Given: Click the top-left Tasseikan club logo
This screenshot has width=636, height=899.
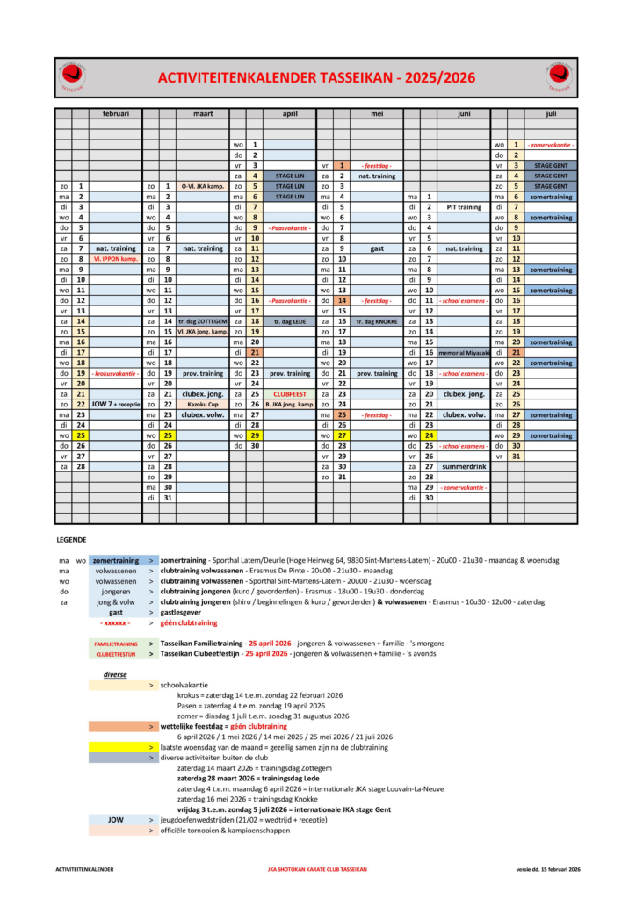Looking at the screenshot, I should point(72,77).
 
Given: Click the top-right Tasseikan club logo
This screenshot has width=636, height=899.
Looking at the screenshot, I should point(559,77).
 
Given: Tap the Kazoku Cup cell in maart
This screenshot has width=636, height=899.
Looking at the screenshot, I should point(202,403).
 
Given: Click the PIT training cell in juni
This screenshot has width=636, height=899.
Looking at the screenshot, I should point(464,206).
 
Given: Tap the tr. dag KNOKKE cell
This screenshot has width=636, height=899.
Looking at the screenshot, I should point(377,321).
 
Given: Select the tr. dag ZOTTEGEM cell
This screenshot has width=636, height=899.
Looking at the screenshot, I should point(202,321).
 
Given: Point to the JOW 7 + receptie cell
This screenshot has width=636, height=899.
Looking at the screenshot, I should point(115,403).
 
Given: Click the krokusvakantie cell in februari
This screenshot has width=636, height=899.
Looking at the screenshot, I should point(115,372).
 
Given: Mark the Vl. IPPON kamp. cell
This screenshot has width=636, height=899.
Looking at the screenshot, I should point(115,259).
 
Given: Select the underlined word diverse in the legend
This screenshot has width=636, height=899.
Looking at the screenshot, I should point(115,674).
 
